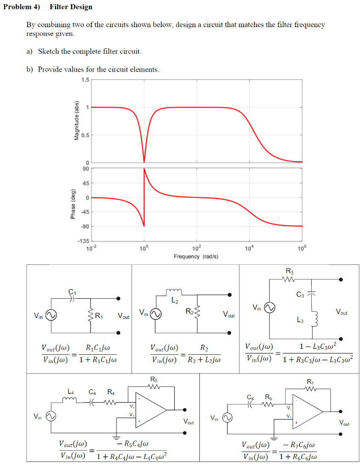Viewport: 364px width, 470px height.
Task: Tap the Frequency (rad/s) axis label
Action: click(x=196, y=256)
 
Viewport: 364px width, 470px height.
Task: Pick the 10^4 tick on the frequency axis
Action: click(x=249, y=248)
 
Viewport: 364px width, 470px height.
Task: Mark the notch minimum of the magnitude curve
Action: click(x=144, y=162)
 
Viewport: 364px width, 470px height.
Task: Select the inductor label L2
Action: click(x=174, y=301)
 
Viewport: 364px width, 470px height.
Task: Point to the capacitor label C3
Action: click(x=299, y=295)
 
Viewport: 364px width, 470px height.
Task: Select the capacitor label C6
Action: click(x=250, y=397)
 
